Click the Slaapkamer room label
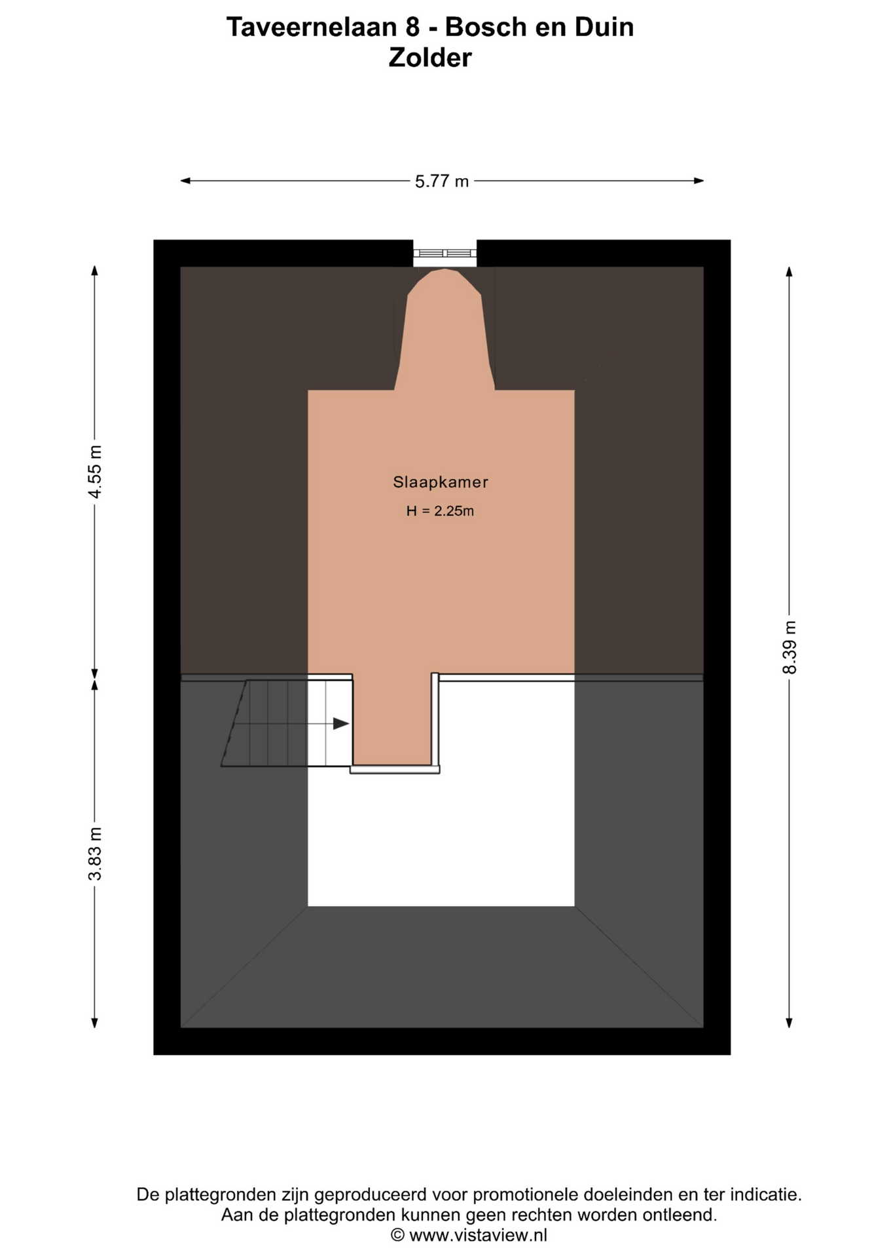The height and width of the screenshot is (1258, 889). [x=440, y=482]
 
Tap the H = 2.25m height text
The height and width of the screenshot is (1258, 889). [x=440, y=511]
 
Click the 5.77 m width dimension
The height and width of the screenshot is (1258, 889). [x=442, y=181]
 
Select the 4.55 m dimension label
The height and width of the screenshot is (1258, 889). [x=95, y=472]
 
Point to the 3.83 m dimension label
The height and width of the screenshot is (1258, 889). [x=95, y=854]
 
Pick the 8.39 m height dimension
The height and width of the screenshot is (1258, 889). [x=789, y=647]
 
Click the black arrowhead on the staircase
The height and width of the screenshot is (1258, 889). [x=340, y=723]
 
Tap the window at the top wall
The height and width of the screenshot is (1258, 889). [x=444, y=253]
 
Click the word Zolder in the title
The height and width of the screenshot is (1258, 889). [x=429, y=58]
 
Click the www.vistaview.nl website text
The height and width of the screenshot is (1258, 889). [x=478, y=1236]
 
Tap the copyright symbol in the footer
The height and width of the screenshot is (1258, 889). [x=397, y=1236]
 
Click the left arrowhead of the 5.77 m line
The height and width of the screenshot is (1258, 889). [x=185, y=181]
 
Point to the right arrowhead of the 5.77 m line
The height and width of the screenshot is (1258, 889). [x=699, y=181]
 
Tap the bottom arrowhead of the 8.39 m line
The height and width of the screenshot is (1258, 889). [x=789, y=1023]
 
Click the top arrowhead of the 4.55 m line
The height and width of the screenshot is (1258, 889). [x=95, y=271]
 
